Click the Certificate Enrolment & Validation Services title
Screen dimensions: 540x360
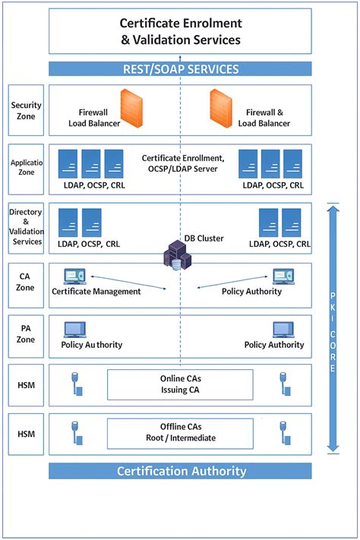pyautogui.click(x=181, y=31)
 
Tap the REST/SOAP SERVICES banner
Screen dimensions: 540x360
pyautogui.click(x=181, y=69)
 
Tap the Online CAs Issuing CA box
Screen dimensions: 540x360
pyautogui.click(x=180, y=384)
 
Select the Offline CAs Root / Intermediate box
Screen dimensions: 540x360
pyautogui.click(x=180, y=432)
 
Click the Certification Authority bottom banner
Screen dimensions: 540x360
pyautogui.click(x=181, y=471)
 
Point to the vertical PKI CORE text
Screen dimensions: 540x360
pyautogui.click(x=332, y=330)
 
